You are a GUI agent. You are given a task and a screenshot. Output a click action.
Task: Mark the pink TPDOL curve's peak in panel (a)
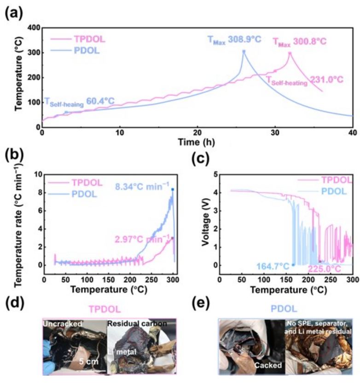(290, 53)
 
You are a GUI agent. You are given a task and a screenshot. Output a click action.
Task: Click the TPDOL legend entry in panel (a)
(90, 39)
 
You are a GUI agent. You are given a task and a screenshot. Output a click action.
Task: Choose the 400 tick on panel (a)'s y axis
(33, 29)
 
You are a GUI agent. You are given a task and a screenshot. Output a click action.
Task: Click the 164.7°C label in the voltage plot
(276, 266)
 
